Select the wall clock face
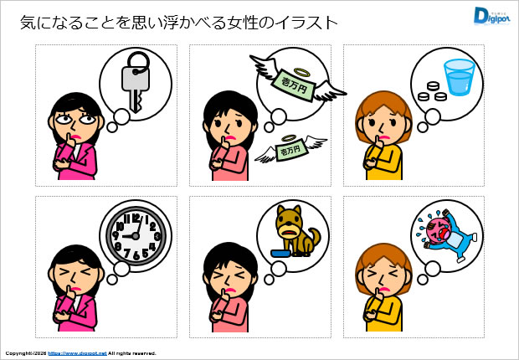tap(134, 234)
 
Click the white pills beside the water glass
tap(430, 91)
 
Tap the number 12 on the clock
tap(134, 215)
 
